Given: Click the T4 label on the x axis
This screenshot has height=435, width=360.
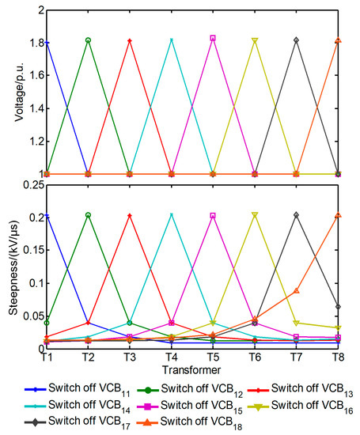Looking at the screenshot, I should click(172, 358).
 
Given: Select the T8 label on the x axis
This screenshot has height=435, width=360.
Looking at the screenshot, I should click(338, 358).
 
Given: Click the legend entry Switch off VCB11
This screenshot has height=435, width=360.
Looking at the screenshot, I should click(79, 388).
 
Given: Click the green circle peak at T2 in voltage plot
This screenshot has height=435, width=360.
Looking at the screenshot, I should click(88, 40).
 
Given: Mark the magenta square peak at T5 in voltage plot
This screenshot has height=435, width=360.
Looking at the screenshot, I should click(213, 38).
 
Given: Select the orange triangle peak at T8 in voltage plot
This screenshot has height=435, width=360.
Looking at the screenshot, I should click(338, 40).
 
